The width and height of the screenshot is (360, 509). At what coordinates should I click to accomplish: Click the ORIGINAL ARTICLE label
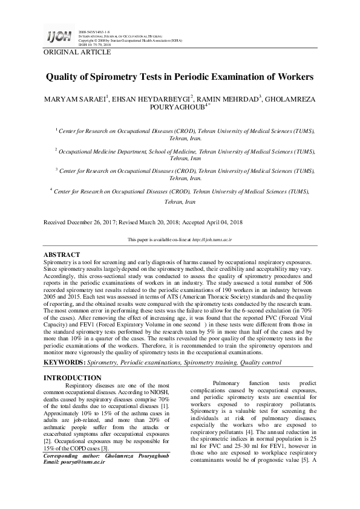pyautogui.click(x=77, y=53)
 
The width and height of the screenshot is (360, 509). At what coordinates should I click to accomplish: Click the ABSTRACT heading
pyautogui.click(x=62, y=255)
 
